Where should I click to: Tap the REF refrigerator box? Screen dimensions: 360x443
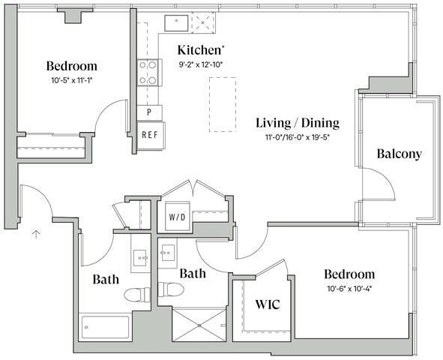(x=149, y=135)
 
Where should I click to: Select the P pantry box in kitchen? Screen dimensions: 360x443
(x=149, y=112)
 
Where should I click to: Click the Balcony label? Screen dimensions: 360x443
(x=399, y=154)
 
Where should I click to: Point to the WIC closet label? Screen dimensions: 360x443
(x=268, y=305)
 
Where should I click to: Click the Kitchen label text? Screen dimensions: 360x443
(x=200, y=50)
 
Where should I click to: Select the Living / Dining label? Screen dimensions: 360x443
(x=297, y=123)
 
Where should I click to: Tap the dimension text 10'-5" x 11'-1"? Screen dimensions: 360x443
(x=72, y=80)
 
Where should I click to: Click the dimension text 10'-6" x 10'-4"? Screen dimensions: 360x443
(x=349, y=289)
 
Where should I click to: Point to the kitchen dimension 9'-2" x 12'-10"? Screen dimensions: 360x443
(x=201, y=65)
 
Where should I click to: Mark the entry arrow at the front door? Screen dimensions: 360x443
(x=35, y=235)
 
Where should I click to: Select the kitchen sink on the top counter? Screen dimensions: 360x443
(x=177, y=22)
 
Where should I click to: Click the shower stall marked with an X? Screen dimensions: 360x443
(x=198, y=324)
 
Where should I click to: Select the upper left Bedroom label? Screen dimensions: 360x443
(x=71, y=65)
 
